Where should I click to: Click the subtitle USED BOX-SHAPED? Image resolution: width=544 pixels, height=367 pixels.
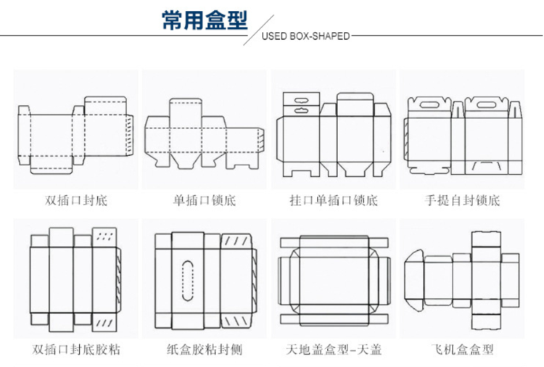coord(305,36)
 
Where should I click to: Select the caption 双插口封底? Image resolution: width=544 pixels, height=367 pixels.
coord(75,199)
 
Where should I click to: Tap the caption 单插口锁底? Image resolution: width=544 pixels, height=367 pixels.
coord(204,199)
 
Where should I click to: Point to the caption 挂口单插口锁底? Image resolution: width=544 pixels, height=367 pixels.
coord(334,199)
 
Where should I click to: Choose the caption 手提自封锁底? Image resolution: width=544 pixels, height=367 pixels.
coord(462,199)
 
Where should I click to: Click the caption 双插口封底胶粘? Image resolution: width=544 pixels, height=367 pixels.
coord(75,350)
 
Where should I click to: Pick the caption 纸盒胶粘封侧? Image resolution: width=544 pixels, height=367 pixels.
coord(204,350)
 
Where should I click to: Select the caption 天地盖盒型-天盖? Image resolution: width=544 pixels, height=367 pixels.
coord(334,350)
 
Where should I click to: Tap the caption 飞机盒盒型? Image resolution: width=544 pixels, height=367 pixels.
coord(462,350)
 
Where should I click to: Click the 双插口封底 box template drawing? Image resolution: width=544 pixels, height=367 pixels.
coord(75,134)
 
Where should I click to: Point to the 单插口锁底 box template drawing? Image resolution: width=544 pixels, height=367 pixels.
coord(204,134)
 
